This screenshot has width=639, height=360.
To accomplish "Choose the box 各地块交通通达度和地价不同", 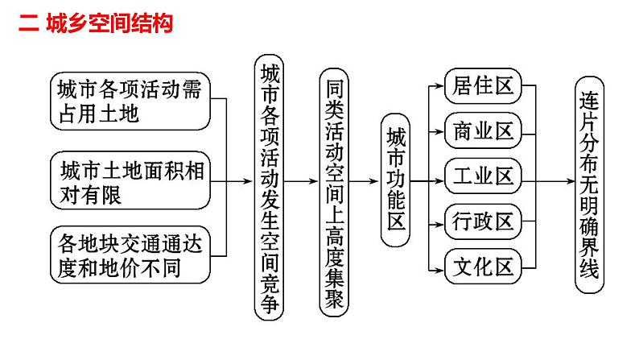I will (130, 254).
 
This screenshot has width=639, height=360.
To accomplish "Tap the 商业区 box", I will (483, 130).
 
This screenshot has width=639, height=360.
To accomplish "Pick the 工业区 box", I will (483, 176).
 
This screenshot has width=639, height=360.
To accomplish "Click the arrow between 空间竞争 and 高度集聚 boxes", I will (302, 180).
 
